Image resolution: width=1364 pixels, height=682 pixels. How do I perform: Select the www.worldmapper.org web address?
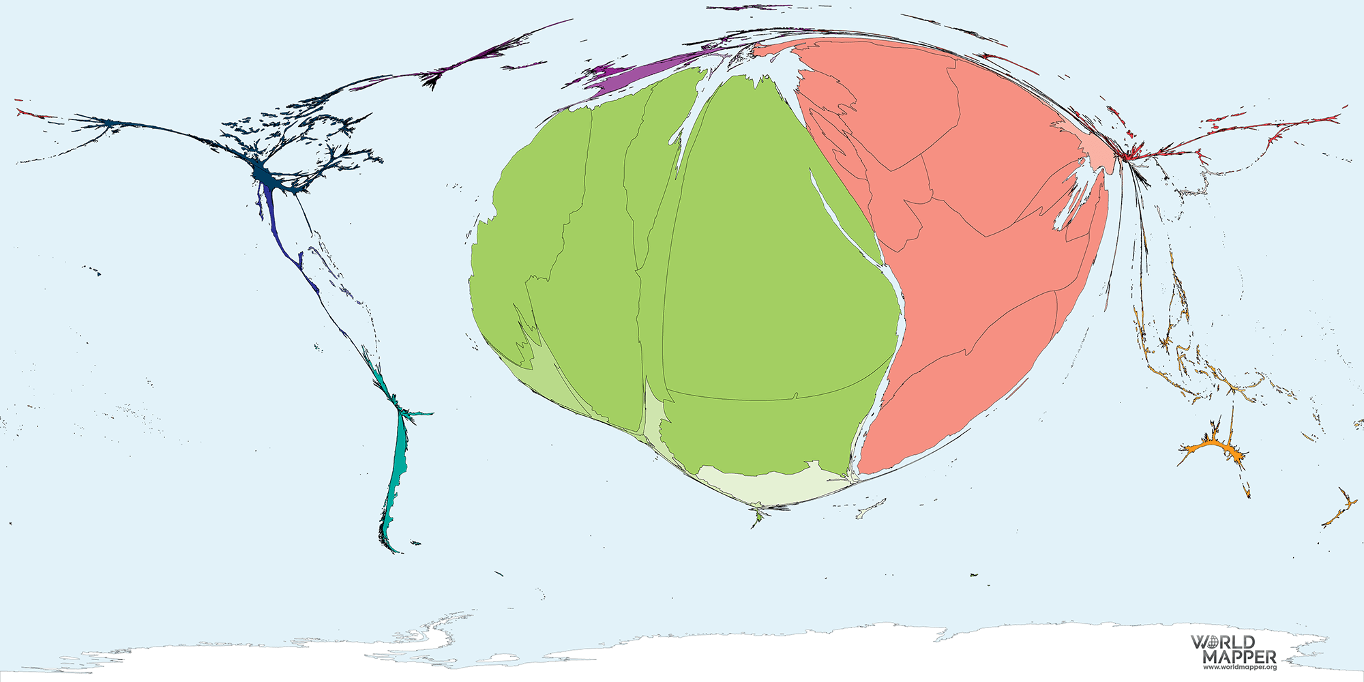[1239, 667]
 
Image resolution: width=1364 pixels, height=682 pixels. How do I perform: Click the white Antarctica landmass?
[682, 655]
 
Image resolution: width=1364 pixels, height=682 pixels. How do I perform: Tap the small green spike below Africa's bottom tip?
[758, 518]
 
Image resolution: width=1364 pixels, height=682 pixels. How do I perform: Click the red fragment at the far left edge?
[27, 113]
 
